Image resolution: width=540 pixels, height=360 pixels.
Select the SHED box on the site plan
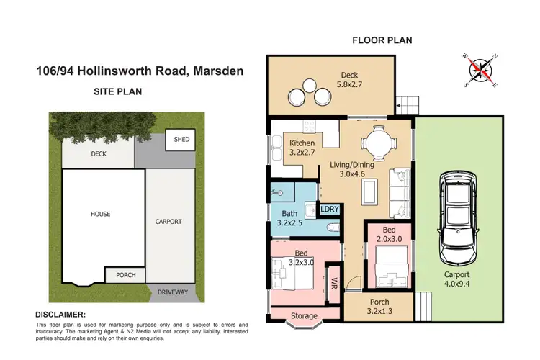(x=181, y=140)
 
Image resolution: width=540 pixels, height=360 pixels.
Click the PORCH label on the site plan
(x=125, y=275)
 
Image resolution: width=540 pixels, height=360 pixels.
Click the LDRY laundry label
(x=329, y=210)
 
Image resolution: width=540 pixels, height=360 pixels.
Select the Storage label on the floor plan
(x=303, y=315)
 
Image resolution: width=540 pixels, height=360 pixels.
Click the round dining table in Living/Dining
(x=375, y=141)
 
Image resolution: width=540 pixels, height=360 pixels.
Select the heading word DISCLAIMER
(x=60, y=315)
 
